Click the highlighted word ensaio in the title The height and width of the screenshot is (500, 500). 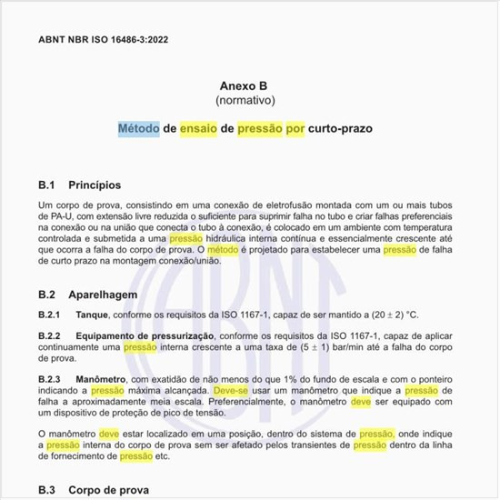coord(198,129)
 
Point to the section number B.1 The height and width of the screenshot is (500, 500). coord(48,185)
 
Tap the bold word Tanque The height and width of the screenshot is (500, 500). coord(94,315)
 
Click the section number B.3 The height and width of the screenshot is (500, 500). coord(48,490)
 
